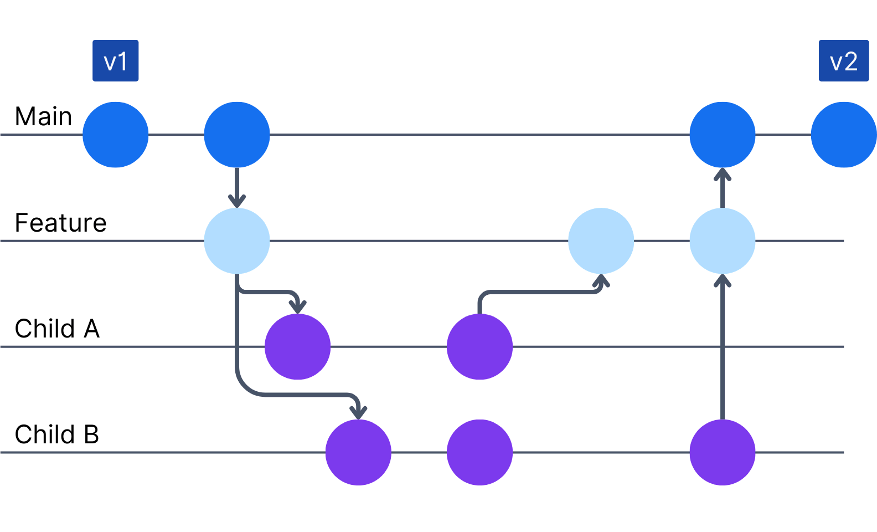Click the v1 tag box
click(115, 60)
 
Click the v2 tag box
click(843, 60)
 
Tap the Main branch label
click(43, 116)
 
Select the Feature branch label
click(60, 223)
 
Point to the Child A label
click(57, 329)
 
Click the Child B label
click(56, 434)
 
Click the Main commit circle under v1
click(115, 135)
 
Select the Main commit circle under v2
click(843, 135)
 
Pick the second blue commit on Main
click(236, 135)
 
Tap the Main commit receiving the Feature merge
click(722, 135)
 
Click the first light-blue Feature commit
click(236, 241)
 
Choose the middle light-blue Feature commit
click(601, 241)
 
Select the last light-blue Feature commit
click(722, 241)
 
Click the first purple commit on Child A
click(297, 347)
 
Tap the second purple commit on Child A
click(479, 347)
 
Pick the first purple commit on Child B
click(358, 453)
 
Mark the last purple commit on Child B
click(722, 453)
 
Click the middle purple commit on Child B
click(479, 453)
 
